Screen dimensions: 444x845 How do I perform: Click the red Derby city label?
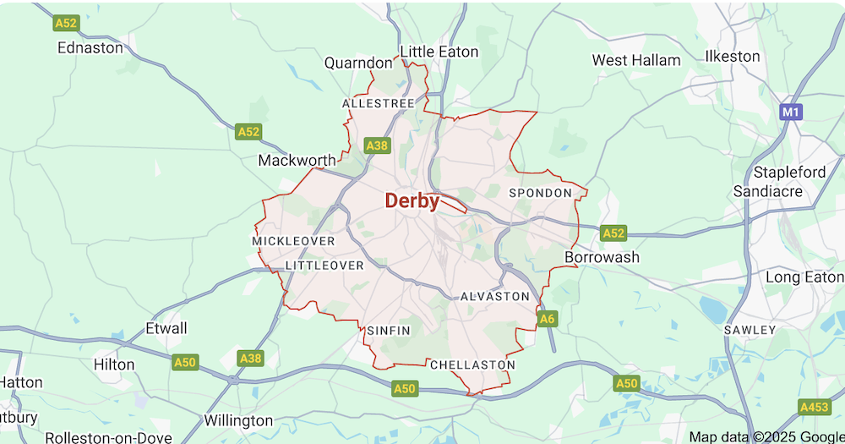(x=412, y=201)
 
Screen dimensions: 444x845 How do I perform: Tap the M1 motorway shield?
(x=790, y=112)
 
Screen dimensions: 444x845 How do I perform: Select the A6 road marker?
(x=548, y=319)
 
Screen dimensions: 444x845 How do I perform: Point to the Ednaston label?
(x=90, y=48)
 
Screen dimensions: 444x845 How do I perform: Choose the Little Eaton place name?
(x=439, y=52)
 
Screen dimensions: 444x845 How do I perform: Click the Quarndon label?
(x=358, y=63)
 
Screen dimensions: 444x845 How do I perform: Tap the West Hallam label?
(x=635, y=60)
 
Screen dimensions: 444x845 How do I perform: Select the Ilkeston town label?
(x=733, y=56)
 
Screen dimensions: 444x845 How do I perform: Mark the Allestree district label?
(x=378, y=103)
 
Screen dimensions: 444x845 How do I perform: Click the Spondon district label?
(x=540, y=193)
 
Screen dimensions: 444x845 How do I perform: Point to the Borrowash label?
(x=602, y=256)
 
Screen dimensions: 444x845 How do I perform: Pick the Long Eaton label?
(x=804, y=277)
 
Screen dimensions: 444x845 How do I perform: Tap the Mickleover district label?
(x=293, y=241)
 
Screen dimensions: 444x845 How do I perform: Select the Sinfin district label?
(x=389, y=331)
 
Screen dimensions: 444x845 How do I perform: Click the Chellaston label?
(x=472, y=365)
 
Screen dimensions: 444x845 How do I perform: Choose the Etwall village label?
(x=166, y=328)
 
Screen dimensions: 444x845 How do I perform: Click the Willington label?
(x=238, y=420)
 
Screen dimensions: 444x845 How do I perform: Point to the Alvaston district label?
(x=494, y=297)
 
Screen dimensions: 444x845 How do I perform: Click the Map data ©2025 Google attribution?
(x=765, y=436)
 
